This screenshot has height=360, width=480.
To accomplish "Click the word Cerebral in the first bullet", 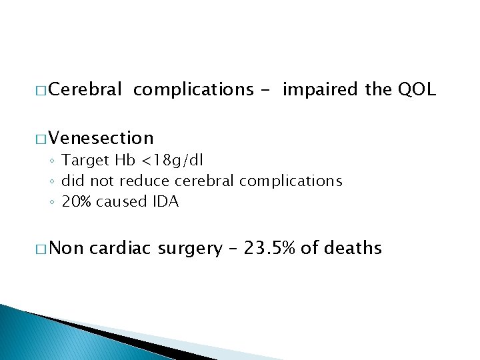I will (x=85, y=89).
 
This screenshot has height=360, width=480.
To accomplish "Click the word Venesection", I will (x=101, y=138).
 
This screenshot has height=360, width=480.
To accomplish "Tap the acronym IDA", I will (x=165, y=201).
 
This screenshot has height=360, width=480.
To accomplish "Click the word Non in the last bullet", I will (x=66, y=249).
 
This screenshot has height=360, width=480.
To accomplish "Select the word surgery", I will (x=191, y=249).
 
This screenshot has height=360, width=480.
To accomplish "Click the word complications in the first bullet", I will (x=193, y=89).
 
